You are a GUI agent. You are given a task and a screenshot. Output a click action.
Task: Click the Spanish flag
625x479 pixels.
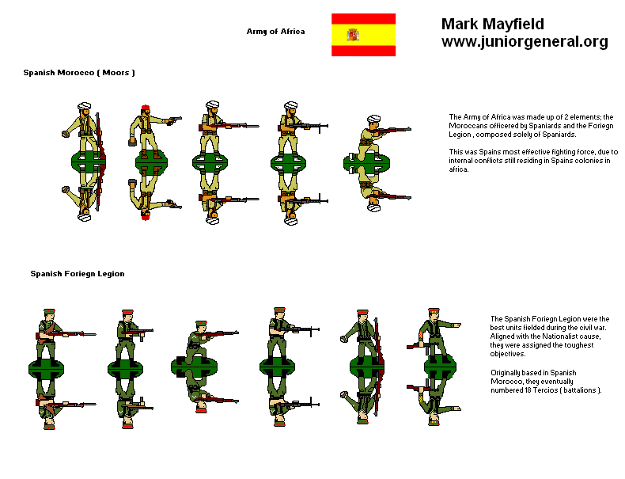(x=363, y=35)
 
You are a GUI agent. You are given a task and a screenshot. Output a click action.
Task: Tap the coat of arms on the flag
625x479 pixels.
(x=353, y=35)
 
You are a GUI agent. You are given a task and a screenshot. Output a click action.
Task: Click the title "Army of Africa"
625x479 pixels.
(x=275, y=32)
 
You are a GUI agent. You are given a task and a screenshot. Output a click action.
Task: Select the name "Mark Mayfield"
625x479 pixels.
(x=492, y=24)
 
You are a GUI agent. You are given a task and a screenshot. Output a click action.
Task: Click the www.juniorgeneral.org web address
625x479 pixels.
(x=525, y=41)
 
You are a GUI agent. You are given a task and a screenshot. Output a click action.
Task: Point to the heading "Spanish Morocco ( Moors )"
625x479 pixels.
(x=79, y=73)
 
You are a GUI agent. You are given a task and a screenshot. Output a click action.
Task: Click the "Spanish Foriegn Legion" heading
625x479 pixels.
(x=78, y=274)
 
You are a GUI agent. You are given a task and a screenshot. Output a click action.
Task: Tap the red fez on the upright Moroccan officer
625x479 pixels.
(x=146, y=108)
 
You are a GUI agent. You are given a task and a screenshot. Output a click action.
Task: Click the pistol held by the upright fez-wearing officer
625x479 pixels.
(x=176, y=119)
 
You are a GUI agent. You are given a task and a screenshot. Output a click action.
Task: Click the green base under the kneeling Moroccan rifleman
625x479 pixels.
(x=366, y=163)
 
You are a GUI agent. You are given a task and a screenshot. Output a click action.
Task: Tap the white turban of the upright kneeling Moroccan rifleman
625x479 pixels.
(x=374, y=119)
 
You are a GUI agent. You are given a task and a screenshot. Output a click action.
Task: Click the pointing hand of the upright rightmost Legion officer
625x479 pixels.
(x=456, y=325)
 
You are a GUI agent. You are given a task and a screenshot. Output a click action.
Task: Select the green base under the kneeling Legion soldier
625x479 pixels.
(x=194, y=367)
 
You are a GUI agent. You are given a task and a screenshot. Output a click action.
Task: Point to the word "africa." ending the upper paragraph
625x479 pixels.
(x=459, y=169)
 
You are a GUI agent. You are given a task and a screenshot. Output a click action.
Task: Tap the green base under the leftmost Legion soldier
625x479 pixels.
(x=46, y=369)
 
